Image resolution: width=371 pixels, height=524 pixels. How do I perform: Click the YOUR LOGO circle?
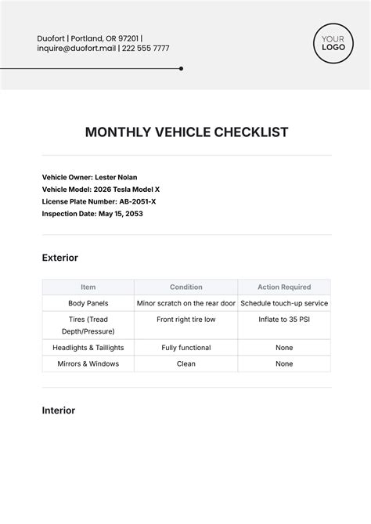pyautogui.click(x=333, y=42)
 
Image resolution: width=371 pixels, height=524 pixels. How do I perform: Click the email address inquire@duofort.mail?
pyautogui.click(x=77, y=49)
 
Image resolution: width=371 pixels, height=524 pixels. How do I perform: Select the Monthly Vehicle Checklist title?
pyautogui.click(x=186, y=132)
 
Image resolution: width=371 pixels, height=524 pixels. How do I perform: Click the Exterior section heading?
pyautogui.click(x=60, y=258)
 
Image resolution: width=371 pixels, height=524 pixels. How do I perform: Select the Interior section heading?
pyautogui.click(x=59, y=410)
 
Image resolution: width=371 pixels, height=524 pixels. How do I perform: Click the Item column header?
pyautogui.click(x=88, y=287)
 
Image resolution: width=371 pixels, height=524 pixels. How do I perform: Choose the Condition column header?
pyautogui.click(x=186, y=287)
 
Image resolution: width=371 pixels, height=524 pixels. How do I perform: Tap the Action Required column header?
pyautogui.click(x=284, y=287)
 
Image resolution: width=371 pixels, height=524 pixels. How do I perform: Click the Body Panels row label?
pyautogui.click(x=88, y=303)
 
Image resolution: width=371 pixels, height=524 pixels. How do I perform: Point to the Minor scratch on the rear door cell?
pyautogui.click(x=186, y=303)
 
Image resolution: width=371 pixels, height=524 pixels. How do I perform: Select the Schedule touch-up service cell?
pyautogui.click(x=284, y=303)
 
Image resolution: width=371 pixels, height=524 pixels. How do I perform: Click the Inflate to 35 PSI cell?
pyautogui.click(x=284, y=320)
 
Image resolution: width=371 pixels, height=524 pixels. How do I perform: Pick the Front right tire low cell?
pyautogui.click(x=186, y=320)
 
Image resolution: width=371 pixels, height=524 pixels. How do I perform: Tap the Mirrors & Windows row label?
pyautogui.click(x=88, y=364)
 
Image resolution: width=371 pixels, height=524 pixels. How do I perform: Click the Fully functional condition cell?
pyautogui.click(x=186, y=348)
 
